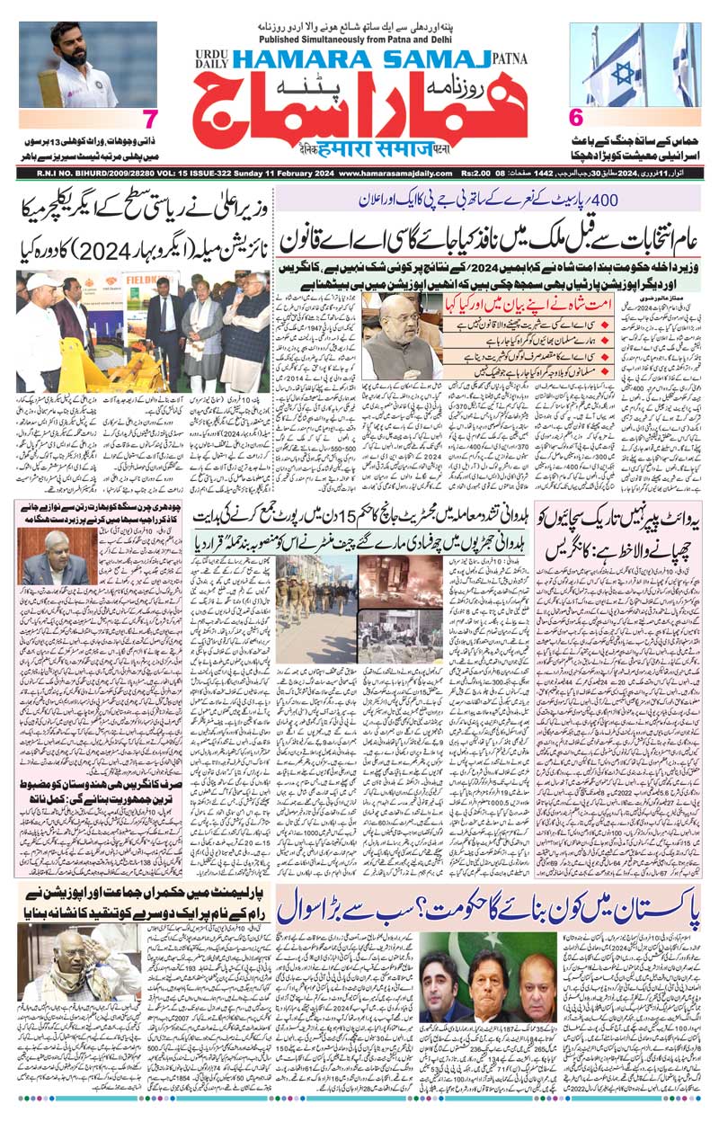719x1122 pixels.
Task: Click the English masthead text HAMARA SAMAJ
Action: pos(359,59)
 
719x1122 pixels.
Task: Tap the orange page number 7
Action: pos(151,119)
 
